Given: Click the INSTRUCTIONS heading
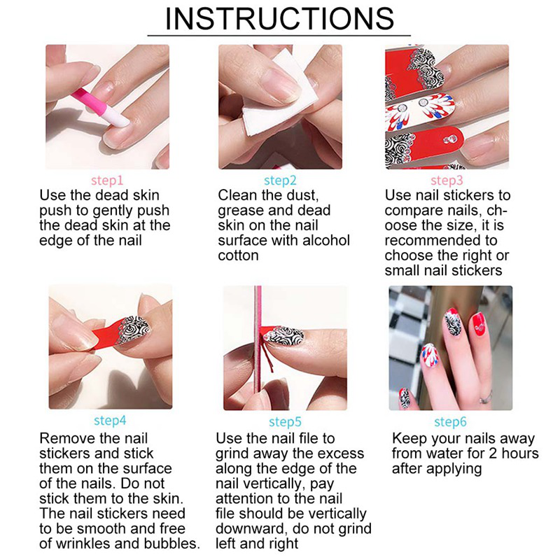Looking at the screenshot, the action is pos(279,19).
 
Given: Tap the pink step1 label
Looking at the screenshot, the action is pos(107,181).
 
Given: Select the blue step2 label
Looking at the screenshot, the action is pos(280,181).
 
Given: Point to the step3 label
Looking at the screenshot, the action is pos(447,181).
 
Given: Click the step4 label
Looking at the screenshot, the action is pos(110,421).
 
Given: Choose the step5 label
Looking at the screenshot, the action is pos(285,422).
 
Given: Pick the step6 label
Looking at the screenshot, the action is pos(450,422).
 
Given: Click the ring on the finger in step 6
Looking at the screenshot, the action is pos(486,397).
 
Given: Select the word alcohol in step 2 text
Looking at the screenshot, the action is pos(325,240).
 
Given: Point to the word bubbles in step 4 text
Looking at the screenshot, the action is pos(172,543).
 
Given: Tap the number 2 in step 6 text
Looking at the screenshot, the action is pos(493,453).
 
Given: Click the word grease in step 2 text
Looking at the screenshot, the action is pos(241,211).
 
